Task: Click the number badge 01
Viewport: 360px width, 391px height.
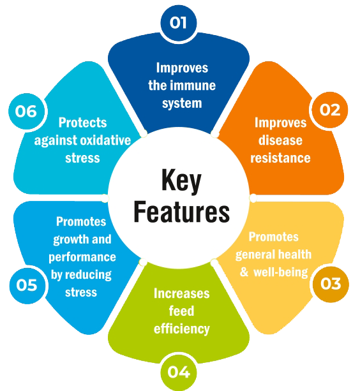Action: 178,23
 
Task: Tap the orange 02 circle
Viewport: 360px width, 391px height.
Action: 330,110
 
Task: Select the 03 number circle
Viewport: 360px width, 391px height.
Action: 331,284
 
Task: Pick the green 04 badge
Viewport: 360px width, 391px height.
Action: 179,373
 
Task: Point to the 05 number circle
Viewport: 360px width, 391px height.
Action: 27,285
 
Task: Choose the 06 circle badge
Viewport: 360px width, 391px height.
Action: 26,111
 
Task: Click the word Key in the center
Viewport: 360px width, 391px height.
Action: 181,181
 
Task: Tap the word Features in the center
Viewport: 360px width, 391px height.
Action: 182,212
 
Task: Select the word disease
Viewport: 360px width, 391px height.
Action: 280,140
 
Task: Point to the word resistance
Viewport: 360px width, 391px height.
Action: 280,158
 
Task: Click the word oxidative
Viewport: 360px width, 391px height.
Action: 105,140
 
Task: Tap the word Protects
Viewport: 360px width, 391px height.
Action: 82,122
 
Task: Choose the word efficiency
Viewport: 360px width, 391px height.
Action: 182,329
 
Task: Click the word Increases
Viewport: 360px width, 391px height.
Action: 182,293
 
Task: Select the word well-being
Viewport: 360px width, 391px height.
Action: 281,272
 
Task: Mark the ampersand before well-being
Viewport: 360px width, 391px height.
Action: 244,272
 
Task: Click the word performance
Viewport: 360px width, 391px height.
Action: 82,257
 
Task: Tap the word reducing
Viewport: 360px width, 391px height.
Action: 88,275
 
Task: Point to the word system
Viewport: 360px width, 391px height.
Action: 182,103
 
